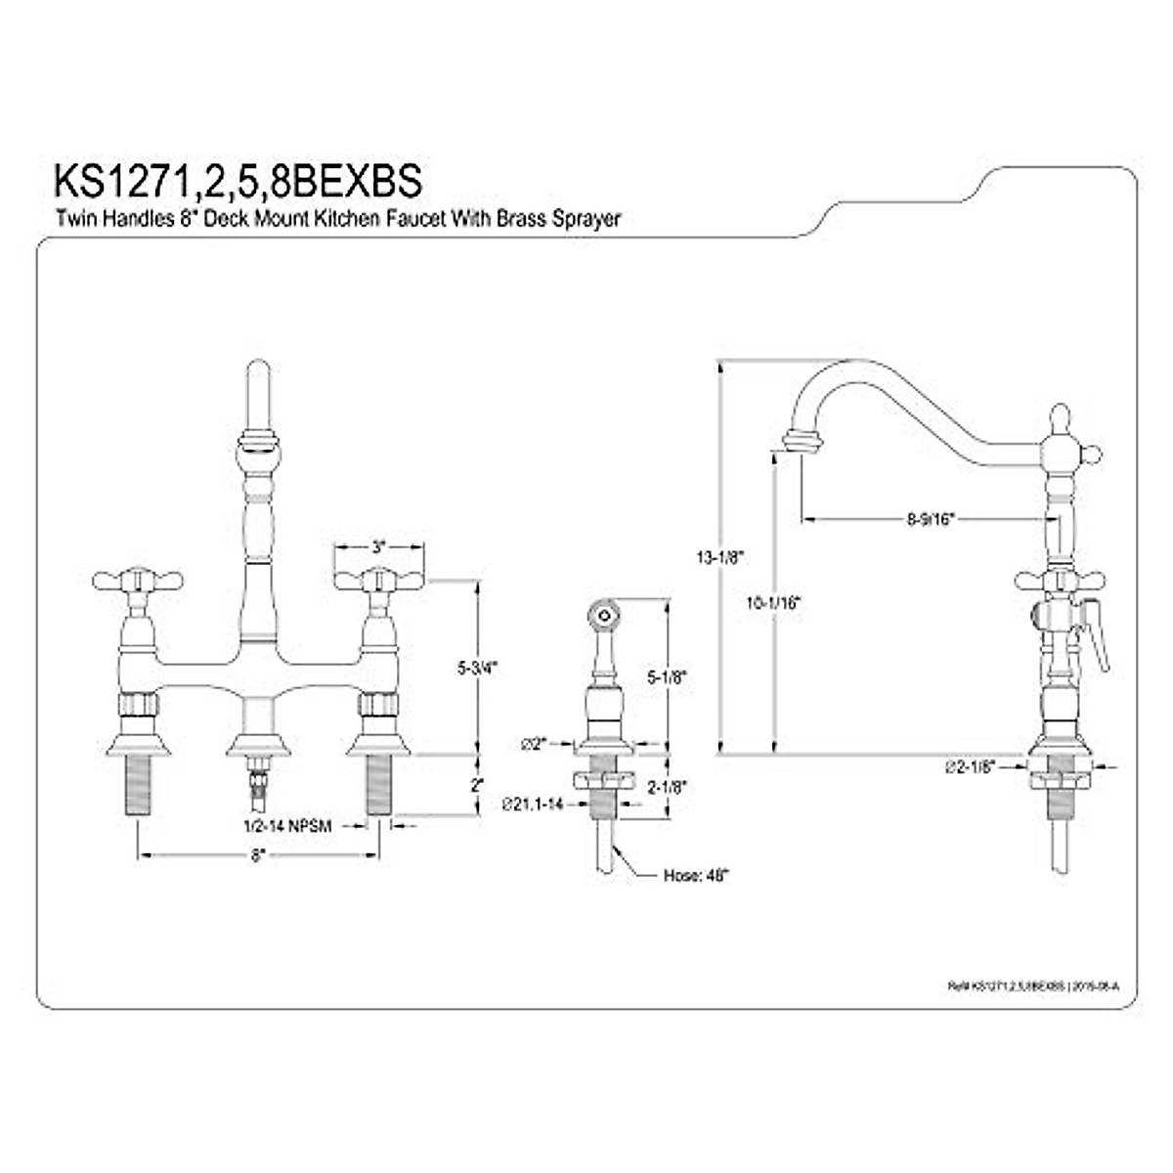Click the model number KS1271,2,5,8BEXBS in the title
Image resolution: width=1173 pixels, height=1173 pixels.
(x=239, y=181)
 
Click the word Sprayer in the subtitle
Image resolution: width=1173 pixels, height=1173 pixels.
(x=586, y=221)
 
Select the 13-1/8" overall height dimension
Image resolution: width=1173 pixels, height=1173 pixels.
(x=720, y=558)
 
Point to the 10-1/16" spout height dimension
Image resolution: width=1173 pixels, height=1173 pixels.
(x=772, y=603)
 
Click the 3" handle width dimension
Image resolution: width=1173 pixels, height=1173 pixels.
(x=379, y=545)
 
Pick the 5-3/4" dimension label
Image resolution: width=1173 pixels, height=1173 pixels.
(x=478, y=669)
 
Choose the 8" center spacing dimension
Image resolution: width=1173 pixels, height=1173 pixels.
(x=258, y=855)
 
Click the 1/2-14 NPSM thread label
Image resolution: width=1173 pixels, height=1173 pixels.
(x=287, y=826)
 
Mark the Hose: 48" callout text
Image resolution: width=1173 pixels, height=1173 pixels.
(x=696, y=876)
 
